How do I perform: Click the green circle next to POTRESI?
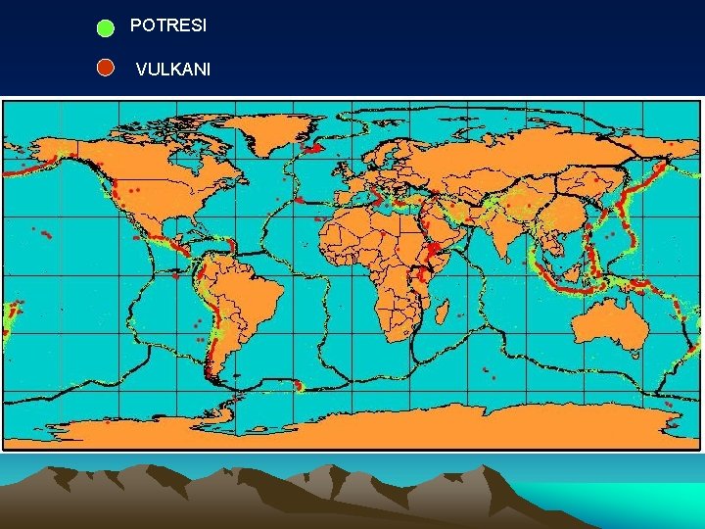click(106, 28)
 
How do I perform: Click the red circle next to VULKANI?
click(106, 68)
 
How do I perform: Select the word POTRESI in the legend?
click(167, 26)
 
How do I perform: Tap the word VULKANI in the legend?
click(172, 70)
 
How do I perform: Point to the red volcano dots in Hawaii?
click(45, 234)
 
